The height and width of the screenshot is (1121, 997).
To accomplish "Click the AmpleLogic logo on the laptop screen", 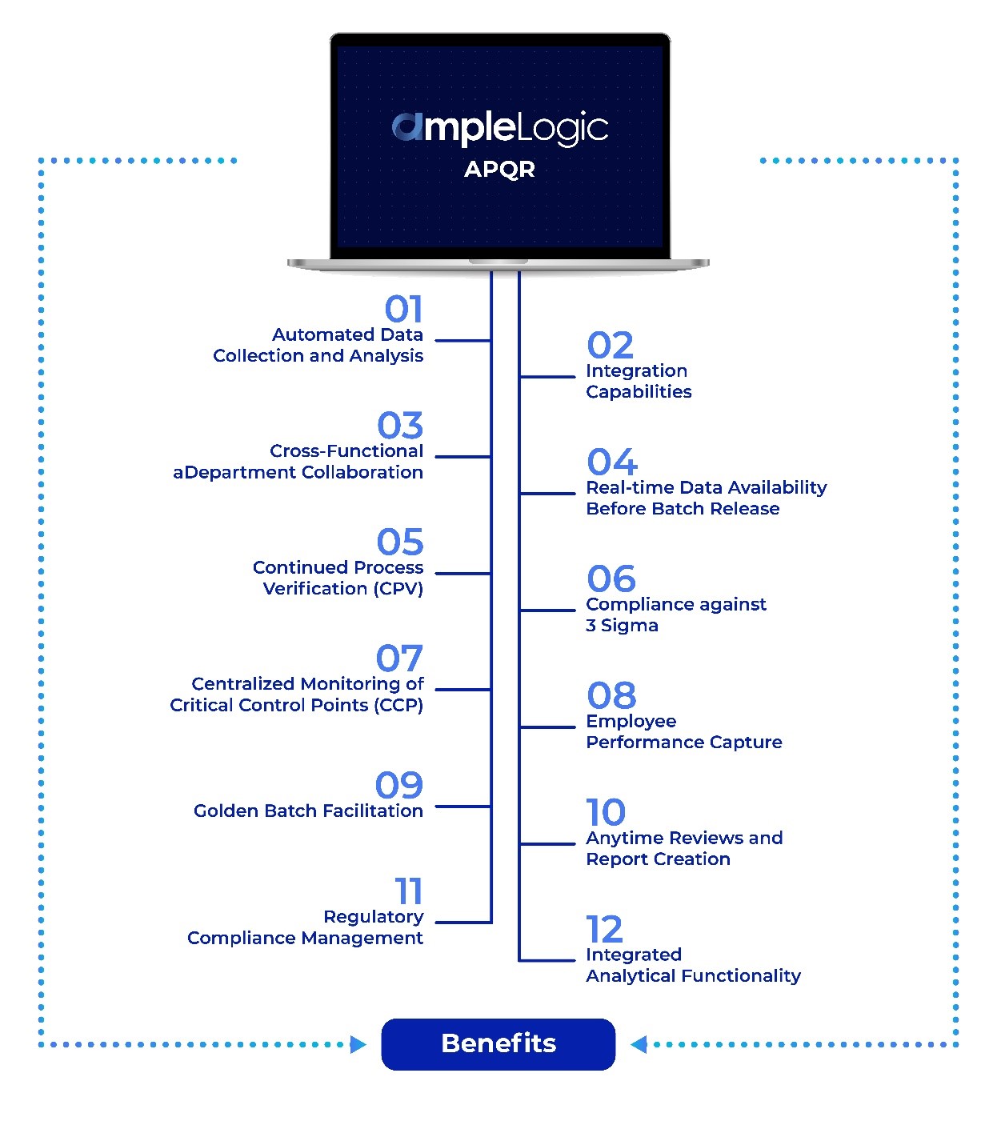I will point(499,128).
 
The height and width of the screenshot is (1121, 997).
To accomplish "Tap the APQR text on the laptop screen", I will point(499,170).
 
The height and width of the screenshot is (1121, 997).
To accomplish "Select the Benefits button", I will point(498,1043).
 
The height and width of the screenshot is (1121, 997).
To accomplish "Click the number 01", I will point(403,310).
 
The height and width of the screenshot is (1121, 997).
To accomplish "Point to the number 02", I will point(610,346).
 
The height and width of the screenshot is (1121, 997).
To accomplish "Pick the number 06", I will point(611,579).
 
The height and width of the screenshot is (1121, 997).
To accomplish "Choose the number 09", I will point(399,785).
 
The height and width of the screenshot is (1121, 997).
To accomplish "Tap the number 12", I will point(604,929).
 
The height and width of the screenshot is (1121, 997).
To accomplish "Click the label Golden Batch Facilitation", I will point(308,811).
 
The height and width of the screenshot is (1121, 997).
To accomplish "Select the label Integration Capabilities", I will point(638,382).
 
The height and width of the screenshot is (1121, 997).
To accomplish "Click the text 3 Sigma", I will point(622,626).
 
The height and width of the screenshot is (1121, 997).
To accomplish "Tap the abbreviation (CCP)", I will point(398,706).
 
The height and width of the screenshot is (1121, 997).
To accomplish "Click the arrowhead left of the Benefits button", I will point(358,1044).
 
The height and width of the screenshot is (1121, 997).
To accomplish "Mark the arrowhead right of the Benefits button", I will point(639,1044).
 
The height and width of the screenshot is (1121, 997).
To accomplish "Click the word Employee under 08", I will point(631,722).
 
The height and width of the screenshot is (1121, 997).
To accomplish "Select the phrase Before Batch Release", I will point(682,509).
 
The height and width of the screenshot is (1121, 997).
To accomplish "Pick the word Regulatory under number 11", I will point(374,917).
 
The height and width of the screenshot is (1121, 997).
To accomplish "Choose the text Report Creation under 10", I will point(658,859).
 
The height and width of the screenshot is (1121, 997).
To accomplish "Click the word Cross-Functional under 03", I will point(346,451).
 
